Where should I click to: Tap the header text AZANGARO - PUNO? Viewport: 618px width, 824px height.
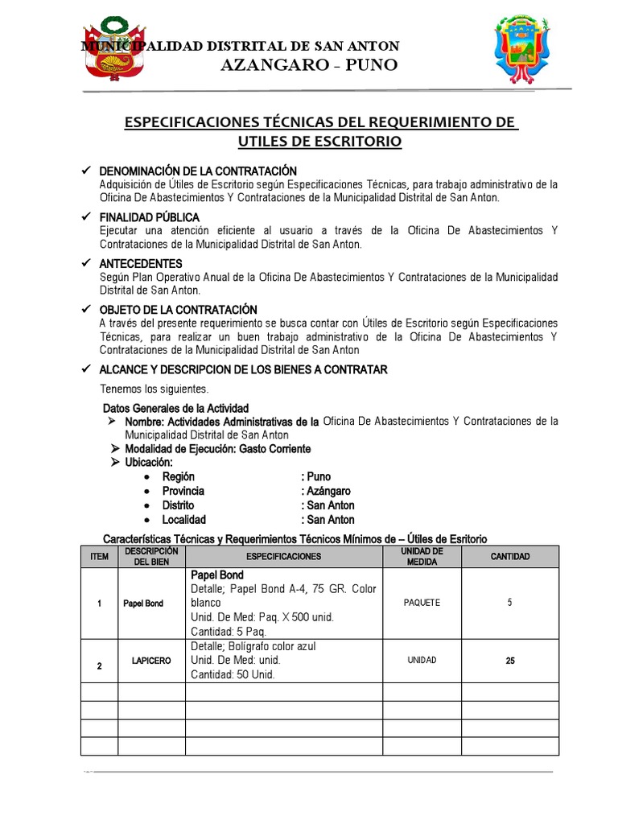(x=308, y=65)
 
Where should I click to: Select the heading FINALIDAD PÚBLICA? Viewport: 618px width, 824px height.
(x=149, y=217)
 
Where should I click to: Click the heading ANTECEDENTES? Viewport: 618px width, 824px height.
(x=140, y=263)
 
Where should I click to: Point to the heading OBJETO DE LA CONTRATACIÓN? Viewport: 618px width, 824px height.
(x=178, y=310)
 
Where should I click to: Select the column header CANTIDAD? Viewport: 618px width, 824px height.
(x=509, y=557)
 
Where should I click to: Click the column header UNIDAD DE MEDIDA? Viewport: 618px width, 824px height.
(x=422, y=557)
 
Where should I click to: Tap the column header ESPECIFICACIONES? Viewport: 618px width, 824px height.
(x=283, y=557)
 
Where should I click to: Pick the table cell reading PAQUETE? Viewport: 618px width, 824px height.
(x=422, y=604)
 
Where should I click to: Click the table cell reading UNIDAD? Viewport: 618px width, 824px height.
(x=422, y=660)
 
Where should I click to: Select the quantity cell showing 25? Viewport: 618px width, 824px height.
(x=509, y=661)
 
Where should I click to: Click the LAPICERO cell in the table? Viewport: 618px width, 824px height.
(x=151, y=661)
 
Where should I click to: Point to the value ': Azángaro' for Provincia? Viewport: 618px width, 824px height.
(x=326, y=491)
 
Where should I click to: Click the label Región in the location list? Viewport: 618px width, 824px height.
(x=179, y=476)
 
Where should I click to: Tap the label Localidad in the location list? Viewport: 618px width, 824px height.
(x=184, y=520)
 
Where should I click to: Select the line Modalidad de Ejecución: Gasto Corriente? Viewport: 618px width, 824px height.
(x=217, y=448)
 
